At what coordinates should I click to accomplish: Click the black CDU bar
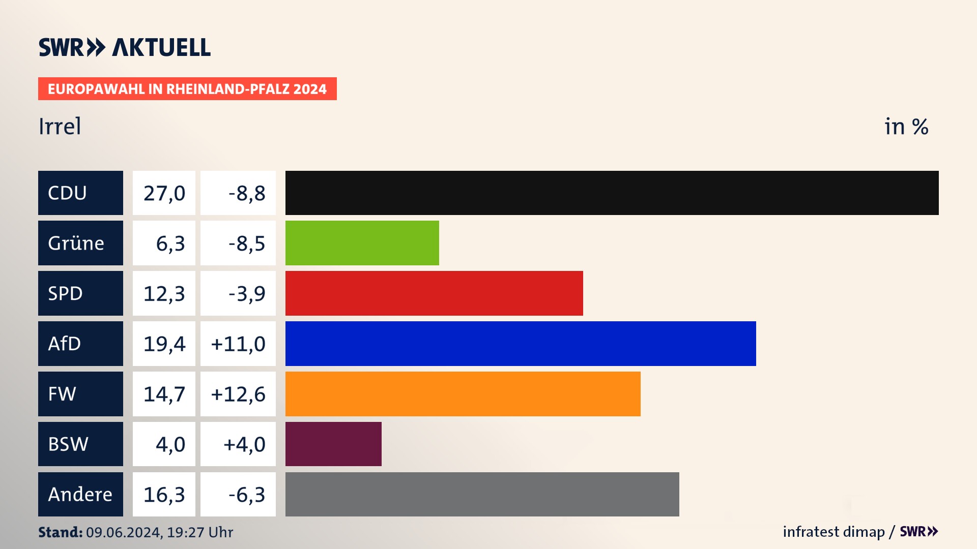point(612,193)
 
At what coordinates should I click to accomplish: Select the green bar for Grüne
point(362,243)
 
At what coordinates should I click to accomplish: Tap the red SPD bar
point(434,293)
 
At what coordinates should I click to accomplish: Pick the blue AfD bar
point(521,344)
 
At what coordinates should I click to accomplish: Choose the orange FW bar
point(463,394)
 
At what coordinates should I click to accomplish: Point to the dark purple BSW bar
point(333,444)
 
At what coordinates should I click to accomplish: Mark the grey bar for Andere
point(482,494)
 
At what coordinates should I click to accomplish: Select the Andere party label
point(80,494)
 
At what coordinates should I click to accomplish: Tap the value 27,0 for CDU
point(164,193)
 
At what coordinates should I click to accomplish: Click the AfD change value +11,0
point(238,344)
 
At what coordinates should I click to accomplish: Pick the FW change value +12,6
point(238,394)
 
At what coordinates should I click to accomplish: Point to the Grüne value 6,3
point(170,243)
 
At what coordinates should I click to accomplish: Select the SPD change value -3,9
point(247,293)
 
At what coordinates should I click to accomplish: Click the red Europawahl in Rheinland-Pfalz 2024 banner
point(187,89)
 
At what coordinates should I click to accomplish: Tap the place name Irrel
point(60,126)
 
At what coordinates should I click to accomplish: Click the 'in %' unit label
point(906,127)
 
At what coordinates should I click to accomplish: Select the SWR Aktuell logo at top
point(124,47)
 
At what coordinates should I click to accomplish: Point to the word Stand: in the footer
point(60,532)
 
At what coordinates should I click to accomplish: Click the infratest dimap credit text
point(834,532)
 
